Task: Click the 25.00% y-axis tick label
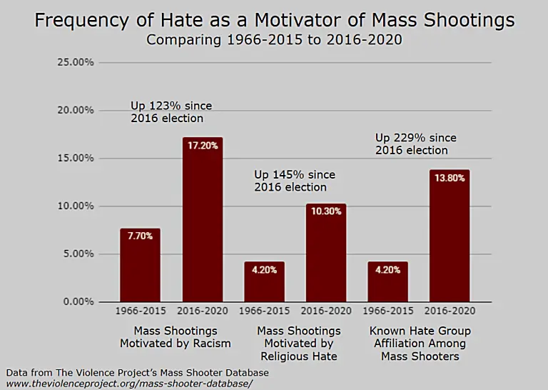(75, 63)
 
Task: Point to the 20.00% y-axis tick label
(75, 111)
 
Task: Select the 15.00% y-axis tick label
(75, 159)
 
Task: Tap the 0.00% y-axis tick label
(77, 302)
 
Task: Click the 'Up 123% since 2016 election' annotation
(171, 112)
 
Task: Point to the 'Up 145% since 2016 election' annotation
(295, 181)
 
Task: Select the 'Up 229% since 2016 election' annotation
(416, 144)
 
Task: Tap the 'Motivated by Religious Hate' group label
(298, 344)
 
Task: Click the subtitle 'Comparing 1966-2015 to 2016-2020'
(274, 40)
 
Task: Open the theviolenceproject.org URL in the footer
(129, 384)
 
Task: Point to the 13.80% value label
(450, 178)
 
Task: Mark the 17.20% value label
(203, 145)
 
